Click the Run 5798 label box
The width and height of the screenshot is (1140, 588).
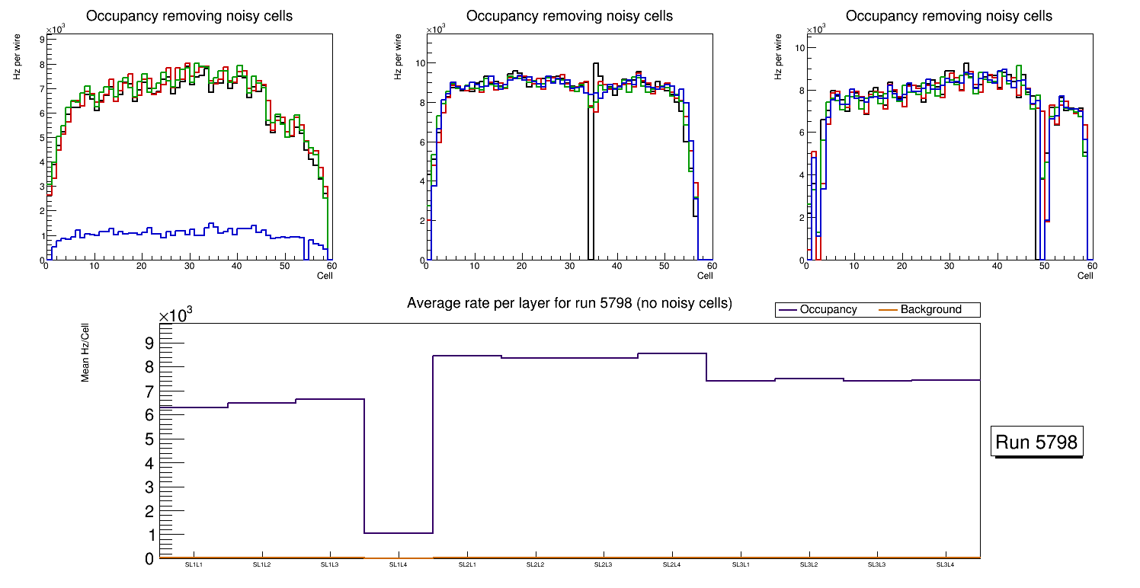(x=1037, y=442)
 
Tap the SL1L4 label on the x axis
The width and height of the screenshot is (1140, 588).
(x=399, y=564)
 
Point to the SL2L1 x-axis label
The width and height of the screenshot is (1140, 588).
(x=467, y=564)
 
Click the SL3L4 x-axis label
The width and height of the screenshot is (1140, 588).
(x=946, y=564)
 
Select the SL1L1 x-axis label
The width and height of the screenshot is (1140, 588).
(x=194, y=564)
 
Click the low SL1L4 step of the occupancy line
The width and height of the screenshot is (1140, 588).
(x=399, y=532)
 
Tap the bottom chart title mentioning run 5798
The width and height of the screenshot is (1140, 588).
(x=569, y=303)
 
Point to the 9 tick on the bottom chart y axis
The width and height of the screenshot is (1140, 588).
(x=149, y=344)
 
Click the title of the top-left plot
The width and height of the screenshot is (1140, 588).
(x=189, y=16)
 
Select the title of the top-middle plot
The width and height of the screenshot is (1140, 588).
(x=569, y=16)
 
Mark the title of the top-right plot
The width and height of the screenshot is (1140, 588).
(x=949, y=16)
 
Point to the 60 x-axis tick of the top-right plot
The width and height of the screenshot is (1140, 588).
(x=1091, y=267)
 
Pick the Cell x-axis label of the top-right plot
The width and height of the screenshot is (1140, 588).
(x=1085, y=276)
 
